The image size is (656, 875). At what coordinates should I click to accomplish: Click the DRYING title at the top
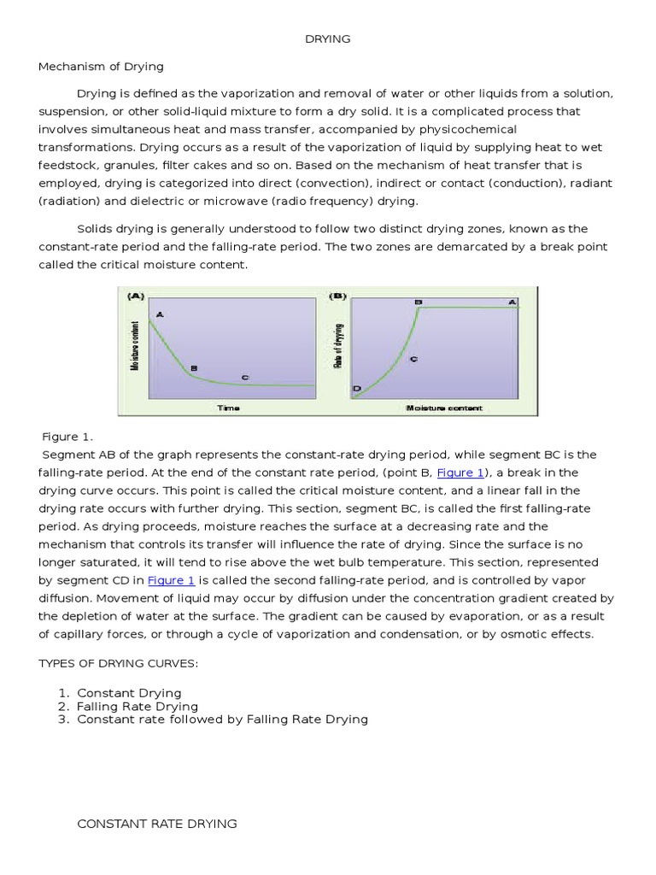(328, 39)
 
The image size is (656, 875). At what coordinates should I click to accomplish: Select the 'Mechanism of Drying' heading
(101, 66)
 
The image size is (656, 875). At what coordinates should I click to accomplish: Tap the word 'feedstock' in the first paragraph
(72, 165)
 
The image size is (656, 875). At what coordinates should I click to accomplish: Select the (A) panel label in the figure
(136, 297)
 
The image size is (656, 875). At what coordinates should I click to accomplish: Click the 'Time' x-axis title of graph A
(228, 408)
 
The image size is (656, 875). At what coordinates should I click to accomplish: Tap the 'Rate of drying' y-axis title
(339, 346)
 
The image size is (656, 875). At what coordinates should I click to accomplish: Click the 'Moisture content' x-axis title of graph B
(443, 408)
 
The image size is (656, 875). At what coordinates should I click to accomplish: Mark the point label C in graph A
(245, 377)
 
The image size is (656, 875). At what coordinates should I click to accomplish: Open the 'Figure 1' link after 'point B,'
(460, 473)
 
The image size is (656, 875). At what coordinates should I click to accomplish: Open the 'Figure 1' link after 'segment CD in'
(172, 580)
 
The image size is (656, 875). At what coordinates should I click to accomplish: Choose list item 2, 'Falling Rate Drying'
(138, 707)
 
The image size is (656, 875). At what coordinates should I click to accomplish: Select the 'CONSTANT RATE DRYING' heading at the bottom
(157, 824)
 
